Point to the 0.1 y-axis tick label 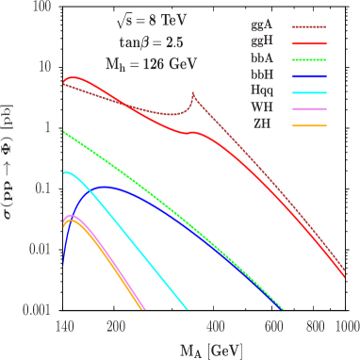click(39, 189)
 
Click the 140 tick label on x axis click(64, 324)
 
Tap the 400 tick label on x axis click(215, 324)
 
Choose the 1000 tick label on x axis click(346, 324)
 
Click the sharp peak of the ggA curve click(193, 94)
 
